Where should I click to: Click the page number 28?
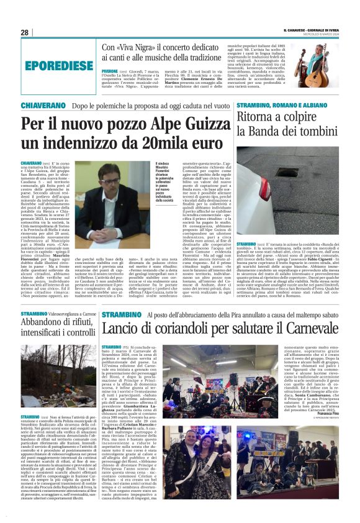pyautogui.click(x=25, y=32)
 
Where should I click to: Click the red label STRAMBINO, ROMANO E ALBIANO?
pyautogui.click(x=272, y=106)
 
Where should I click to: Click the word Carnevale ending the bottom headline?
pyautogui.click(x=305, y=330)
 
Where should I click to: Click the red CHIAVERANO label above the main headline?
pyautogui.click(x=44, y=106)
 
